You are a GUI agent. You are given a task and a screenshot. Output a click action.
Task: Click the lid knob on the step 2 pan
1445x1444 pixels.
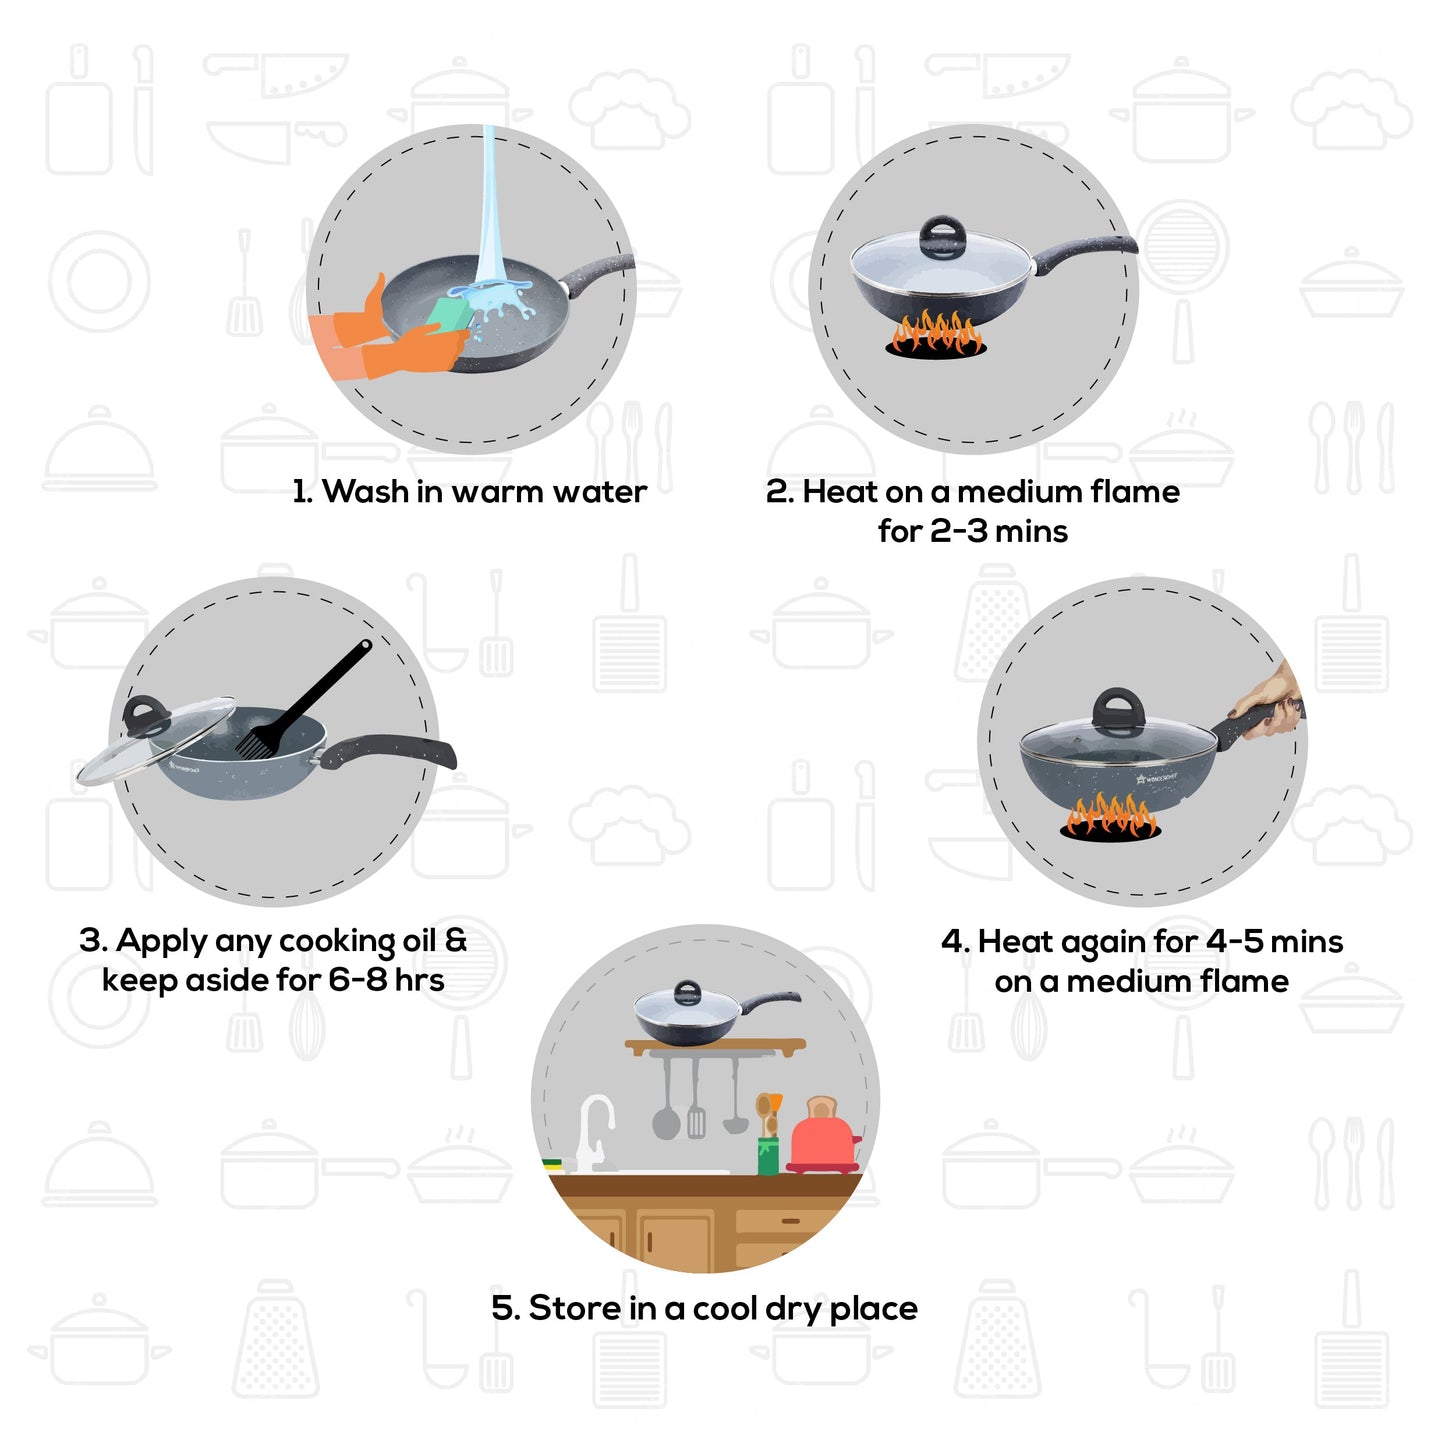click(x=940, y=237)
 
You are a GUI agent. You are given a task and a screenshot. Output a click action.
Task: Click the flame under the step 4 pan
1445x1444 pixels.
click(x=1110, y=816)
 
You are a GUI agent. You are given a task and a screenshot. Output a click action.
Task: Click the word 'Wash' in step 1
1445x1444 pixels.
click(x=365, y=492)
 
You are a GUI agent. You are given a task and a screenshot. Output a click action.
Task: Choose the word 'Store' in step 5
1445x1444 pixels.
click(x=574, y=1308)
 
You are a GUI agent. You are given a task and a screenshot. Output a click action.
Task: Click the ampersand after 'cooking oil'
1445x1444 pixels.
click(x=455, y=941)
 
